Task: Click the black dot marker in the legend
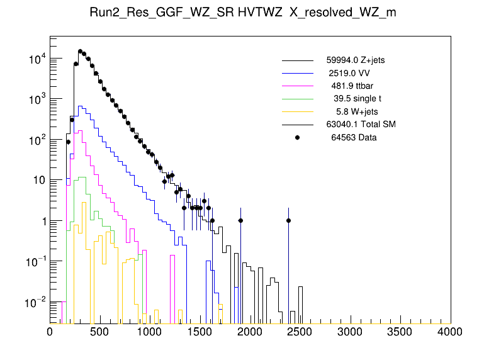297,137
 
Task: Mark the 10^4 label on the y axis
33,60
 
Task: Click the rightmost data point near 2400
288,220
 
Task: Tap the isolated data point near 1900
240,220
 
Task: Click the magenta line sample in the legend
297,86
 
